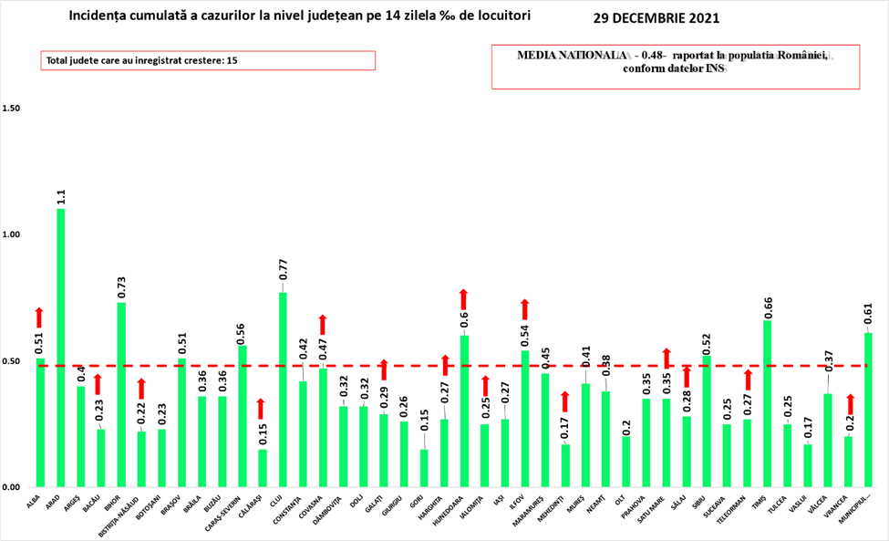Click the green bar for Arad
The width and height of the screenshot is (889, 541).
pyautogui.click(x=60, y=347)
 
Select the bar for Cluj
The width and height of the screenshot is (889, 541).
pyautogui.click(x=283, y=389)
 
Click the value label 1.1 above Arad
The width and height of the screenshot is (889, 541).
pyautogui.click(x=60, y=195)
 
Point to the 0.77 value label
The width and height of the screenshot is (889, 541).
pyautogui.click(x=283, y=269)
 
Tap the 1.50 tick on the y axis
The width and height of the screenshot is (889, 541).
pyautogui.click(x=11, y=109)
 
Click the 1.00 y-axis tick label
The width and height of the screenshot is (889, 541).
pyautogui.click(x=11, y=234)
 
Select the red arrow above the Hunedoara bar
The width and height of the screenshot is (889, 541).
pyautogui.click(x=463, y=298)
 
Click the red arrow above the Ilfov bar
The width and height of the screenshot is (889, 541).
pyautogui.click(x=524, y=309)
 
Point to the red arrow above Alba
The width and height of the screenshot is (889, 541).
pyautogui.click(x=39, y=317)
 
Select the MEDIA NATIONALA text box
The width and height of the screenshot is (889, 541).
pyautogui.click(x=676, y=67)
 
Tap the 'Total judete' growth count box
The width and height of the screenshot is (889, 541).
pyautogui.click(x=208, y=60)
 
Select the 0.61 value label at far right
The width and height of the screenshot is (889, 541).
pyautogui.click(x=868, y=318)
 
